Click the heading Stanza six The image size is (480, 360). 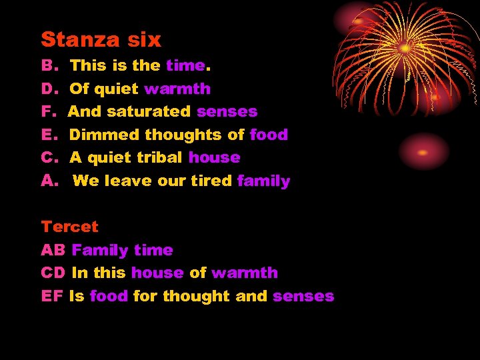coord(101,40)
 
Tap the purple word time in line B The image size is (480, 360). coord(185,65)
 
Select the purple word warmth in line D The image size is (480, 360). coord(177,89)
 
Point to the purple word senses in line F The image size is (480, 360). coord(227,111)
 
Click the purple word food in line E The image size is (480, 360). coord(269,135)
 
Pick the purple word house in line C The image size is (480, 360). coord(214,157)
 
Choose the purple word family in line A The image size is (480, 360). coord(263,181)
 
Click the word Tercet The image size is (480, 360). coord(69,227)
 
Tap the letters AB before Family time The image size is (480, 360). coord(53,250)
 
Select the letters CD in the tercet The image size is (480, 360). coord(53,273)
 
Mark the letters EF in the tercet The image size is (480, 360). coord(52,296)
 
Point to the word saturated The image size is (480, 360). coord(149,111)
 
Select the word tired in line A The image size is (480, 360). coord(211,181)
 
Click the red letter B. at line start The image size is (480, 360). coord(50,65)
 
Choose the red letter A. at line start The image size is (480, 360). coord(51,181)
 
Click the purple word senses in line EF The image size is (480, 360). coord(303,296)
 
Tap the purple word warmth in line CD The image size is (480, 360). coord(245,273)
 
